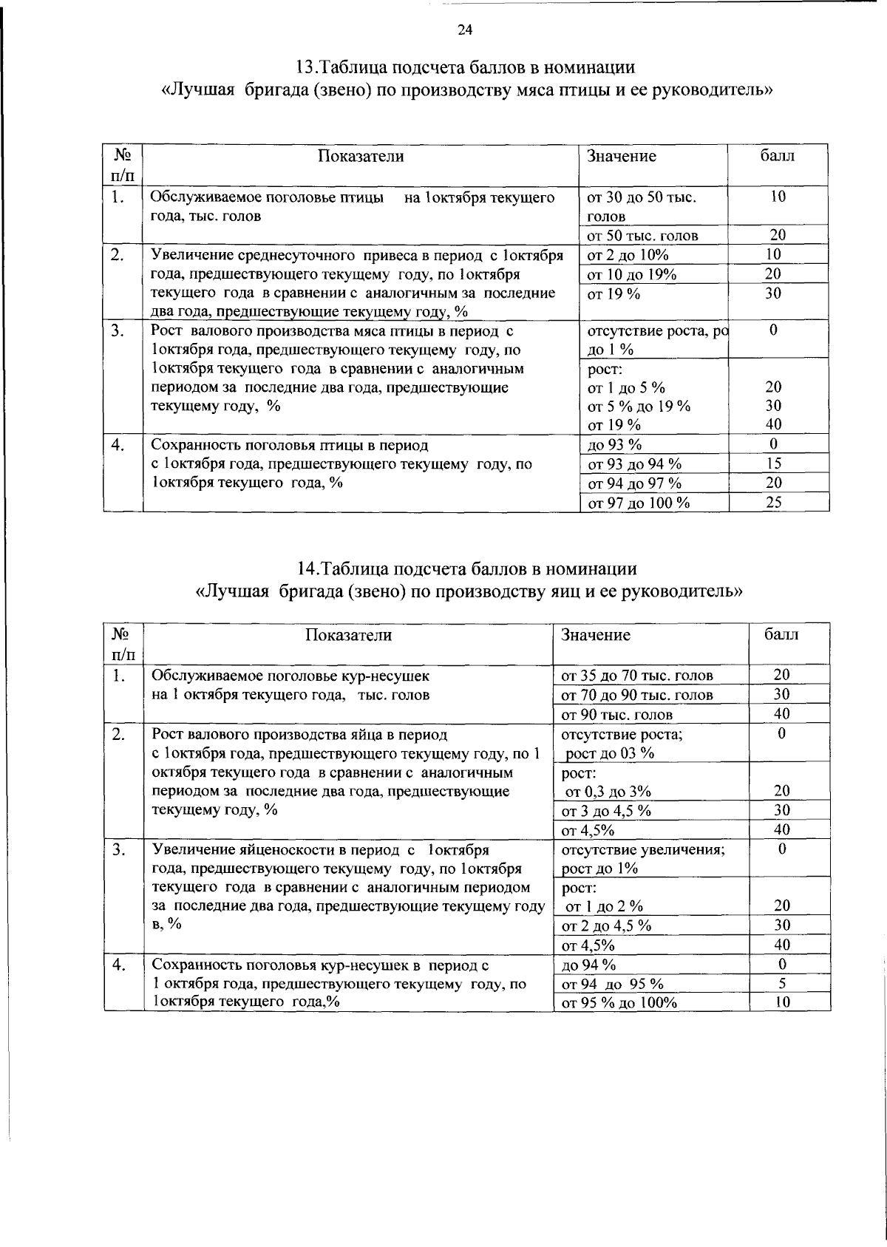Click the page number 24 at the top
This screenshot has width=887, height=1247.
464,30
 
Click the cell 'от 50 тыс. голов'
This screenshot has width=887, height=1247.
642,236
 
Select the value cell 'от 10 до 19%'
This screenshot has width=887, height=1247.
631,275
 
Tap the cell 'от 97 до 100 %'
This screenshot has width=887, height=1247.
638,503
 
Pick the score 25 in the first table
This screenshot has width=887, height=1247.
774,503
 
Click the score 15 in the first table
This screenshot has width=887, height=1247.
774,464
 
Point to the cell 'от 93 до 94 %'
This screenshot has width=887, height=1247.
634,464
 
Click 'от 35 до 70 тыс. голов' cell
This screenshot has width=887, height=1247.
637,676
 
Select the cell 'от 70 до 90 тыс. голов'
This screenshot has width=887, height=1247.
637,695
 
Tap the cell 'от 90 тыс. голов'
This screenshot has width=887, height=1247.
617,715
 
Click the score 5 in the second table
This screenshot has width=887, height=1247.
781,984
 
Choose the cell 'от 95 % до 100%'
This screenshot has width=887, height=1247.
619,1003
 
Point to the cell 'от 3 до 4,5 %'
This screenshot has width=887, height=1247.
606,811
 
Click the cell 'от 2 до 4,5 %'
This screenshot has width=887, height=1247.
606,926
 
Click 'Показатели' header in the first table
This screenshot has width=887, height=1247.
361,156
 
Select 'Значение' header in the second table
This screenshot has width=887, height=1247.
596,635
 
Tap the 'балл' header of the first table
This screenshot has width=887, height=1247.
778,156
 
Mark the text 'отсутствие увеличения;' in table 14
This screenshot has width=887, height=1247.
643,850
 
